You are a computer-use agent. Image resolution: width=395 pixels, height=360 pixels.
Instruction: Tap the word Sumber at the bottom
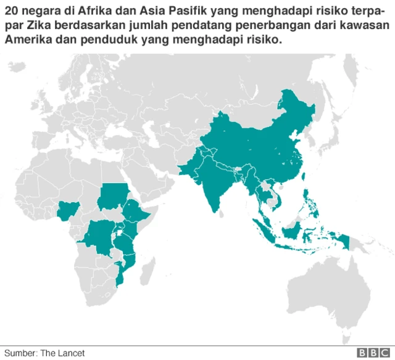[19, 353]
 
